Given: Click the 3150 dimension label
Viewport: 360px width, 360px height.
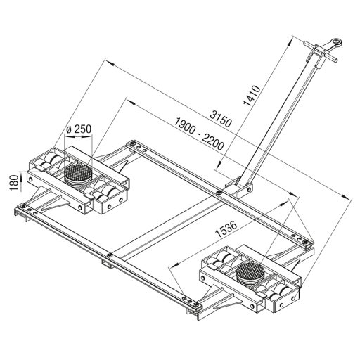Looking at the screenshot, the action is point(221,119).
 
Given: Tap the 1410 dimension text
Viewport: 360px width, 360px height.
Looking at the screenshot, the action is point(252,96).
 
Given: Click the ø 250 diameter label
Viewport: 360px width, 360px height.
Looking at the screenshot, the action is point(79,129).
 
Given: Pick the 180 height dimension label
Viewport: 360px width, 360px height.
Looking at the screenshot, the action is point(14,183).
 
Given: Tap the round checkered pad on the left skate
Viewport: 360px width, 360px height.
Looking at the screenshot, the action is point(78,173).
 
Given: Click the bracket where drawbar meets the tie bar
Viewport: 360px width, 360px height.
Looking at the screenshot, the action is point(239,188).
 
